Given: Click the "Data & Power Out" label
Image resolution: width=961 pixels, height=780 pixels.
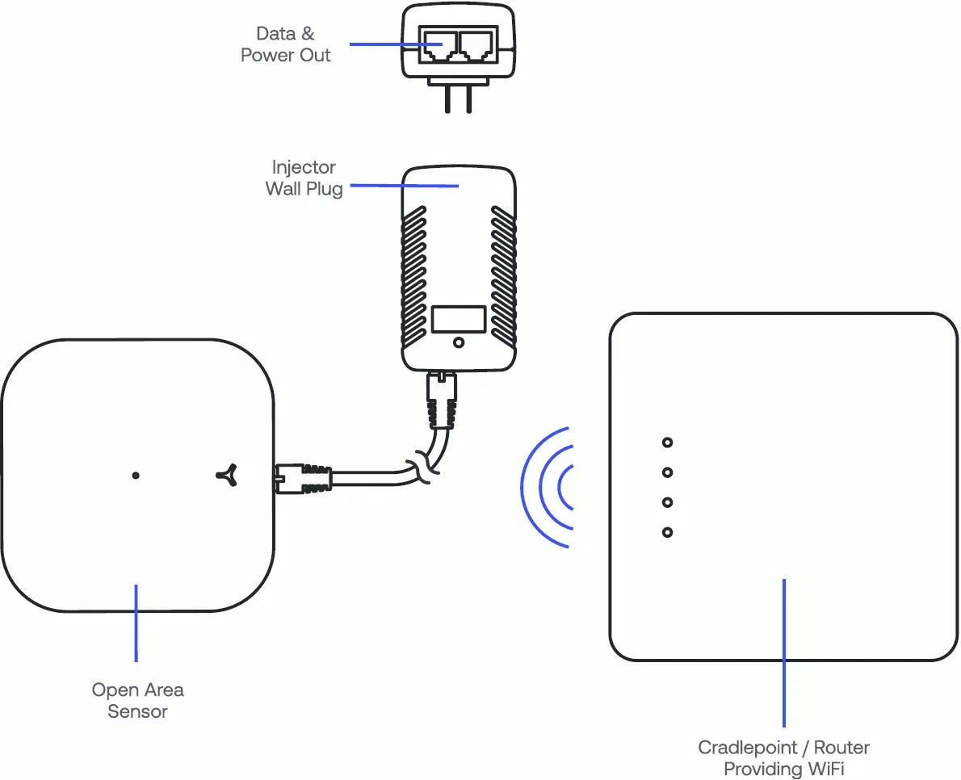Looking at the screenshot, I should coord(286,44).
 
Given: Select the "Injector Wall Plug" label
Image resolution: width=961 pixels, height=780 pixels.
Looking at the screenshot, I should coord(304,178).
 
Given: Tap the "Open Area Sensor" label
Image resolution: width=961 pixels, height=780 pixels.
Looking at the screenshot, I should coord(137,700).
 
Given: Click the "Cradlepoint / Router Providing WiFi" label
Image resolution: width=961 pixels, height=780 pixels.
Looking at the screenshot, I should coord(783,758).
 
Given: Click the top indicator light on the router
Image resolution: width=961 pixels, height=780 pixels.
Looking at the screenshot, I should coord(667,442).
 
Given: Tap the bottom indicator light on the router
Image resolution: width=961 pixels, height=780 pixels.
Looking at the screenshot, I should coord(667,532).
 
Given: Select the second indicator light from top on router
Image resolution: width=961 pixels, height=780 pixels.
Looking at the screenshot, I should coord(667,472).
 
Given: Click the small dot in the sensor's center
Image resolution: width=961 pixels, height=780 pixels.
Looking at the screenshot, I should coord(136,476).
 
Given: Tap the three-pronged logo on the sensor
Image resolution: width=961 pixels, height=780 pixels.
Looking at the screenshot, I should coord(227,476).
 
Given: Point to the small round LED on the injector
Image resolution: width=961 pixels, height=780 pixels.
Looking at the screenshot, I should coord(459,342).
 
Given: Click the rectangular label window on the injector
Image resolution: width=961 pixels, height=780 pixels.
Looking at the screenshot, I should coord(458,319).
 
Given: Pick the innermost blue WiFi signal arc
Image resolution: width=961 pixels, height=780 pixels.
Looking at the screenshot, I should coord(562,488).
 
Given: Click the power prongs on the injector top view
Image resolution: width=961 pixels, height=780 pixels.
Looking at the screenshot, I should coord(458,98).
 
